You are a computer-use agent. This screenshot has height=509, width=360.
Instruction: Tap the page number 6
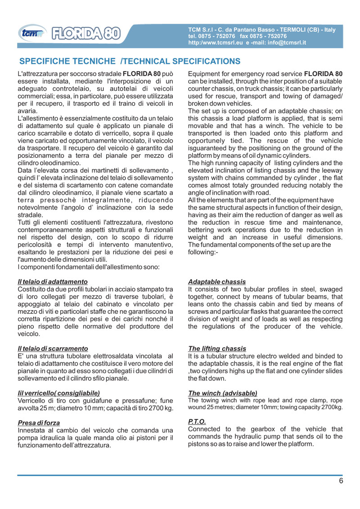coord(341,481)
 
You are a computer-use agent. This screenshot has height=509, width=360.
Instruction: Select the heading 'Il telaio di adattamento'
coord(52,282)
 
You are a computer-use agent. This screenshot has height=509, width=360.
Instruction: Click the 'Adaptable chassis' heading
coord(217,282)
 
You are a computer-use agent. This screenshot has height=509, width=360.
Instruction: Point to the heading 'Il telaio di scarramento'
coord(53,348)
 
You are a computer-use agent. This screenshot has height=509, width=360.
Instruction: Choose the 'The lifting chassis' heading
coord(217,348)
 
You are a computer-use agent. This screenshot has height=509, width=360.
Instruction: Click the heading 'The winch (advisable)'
coord(222,393)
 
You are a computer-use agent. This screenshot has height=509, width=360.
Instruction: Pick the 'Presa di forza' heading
coord(39,423)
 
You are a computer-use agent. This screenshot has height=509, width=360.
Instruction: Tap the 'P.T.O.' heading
coord(197,421)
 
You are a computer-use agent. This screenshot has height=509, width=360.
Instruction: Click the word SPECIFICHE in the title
coord(47,61)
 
